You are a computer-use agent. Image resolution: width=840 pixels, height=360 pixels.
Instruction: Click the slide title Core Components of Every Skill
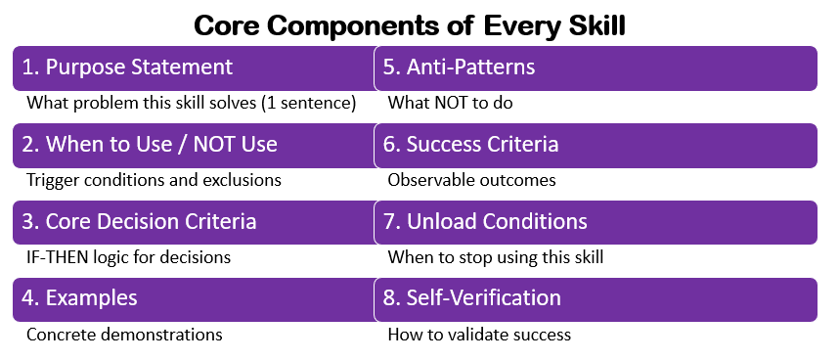[410, 24]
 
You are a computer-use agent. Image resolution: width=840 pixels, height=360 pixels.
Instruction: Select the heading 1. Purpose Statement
[127, 67]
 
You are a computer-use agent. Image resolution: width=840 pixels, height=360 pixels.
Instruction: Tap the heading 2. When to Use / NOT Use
[150, 145]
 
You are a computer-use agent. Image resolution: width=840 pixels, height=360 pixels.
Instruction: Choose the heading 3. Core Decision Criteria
[139, 222]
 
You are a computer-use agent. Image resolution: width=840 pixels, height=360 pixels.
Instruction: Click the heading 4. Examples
[80, 298]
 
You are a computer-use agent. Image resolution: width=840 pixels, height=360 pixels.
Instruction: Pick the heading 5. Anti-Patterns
[460, 67]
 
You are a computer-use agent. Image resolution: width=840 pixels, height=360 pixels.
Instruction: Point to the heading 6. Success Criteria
[471, 145]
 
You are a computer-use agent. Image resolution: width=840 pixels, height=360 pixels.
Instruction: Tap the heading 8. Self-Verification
[473, 298]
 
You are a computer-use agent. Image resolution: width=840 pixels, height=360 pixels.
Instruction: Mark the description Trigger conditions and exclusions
[154, 180]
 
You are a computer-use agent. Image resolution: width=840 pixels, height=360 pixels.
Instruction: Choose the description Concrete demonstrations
[124, 335]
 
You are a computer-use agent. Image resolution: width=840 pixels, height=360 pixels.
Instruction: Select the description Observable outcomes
[471, 180]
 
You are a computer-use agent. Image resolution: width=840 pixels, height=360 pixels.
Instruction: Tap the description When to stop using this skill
[497, 257]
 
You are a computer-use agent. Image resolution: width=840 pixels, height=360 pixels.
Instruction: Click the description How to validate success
[479, 335]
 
